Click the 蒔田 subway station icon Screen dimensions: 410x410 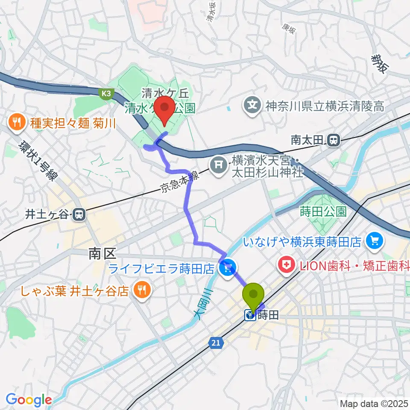pos(249,316)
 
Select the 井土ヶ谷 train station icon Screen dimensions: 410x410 pos(79,214)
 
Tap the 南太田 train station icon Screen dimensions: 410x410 pos(333,139)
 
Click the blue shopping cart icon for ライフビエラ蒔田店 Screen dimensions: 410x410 pos(227,268)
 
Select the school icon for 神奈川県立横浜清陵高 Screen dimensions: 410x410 pos(253,104)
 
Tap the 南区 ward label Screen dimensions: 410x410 pos(103,255)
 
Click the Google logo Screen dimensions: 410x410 pos(29,400)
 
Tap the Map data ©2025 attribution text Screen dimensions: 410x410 pos(374,403)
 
